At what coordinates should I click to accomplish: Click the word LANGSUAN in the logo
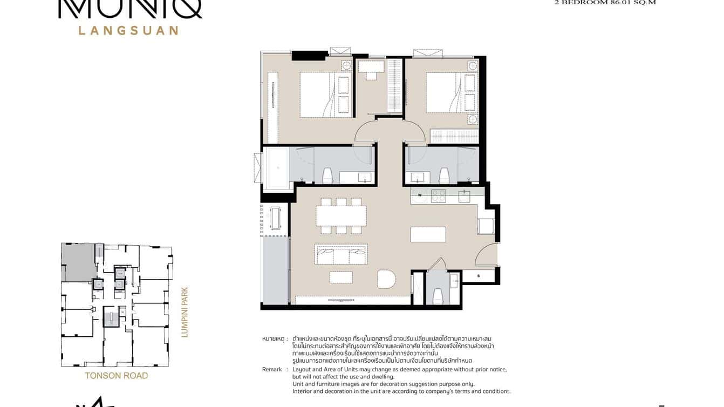click(x=128, y=30)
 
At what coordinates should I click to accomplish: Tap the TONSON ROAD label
click(x=116, y=376)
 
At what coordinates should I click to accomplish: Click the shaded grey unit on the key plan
click(x=78, y=261)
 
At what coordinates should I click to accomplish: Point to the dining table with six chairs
click(x=341, y=216)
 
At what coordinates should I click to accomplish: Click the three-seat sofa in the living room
click(x=341, y=254)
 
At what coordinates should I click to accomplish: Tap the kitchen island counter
click(x=428, y=234)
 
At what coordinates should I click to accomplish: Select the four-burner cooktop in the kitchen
click(x=438, y=195)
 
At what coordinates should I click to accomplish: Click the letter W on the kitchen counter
click(x=419, y=195)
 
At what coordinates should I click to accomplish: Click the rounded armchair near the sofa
click(x=386, y=279)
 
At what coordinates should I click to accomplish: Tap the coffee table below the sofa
click(x=341, y=277)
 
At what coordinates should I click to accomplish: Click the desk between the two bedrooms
click(x=371, y=67)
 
